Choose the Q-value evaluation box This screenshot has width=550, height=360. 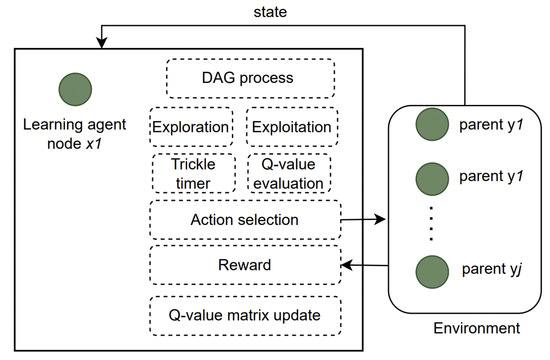[288, 172]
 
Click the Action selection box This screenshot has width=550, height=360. [243, 217]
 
